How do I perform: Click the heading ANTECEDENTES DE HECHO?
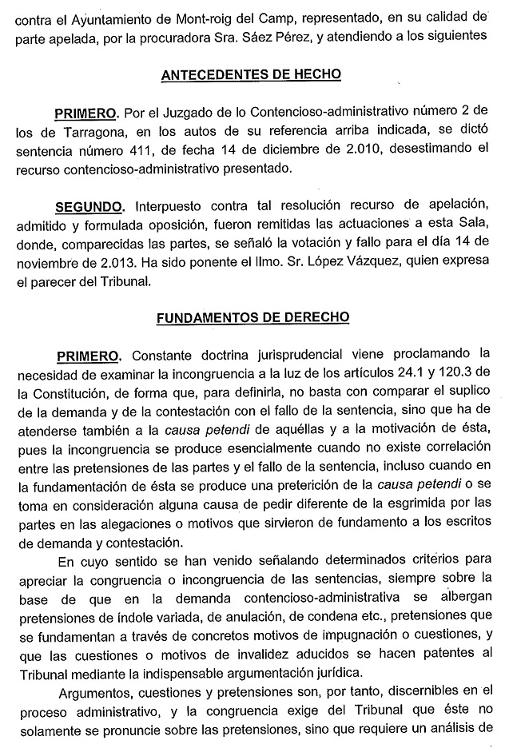tap(251, 74)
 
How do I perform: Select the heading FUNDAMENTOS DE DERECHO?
tap(253, 316)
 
